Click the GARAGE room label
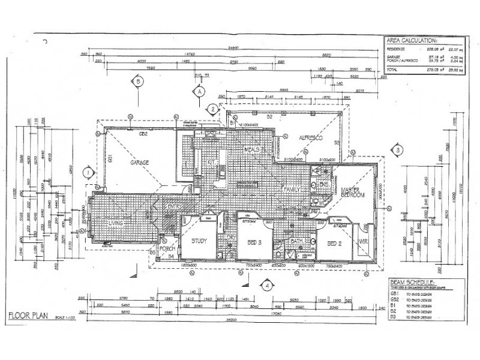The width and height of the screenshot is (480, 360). [x=136, y=162]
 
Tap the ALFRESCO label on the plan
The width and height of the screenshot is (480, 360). [x=311, y=138]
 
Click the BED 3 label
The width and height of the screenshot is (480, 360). [x=254, y=243]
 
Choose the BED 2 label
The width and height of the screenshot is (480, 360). [x=334, y=243]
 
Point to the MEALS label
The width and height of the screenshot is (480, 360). [x=254, y=148]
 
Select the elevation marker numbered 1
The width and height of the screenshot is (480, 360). [x=88, y=172]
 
